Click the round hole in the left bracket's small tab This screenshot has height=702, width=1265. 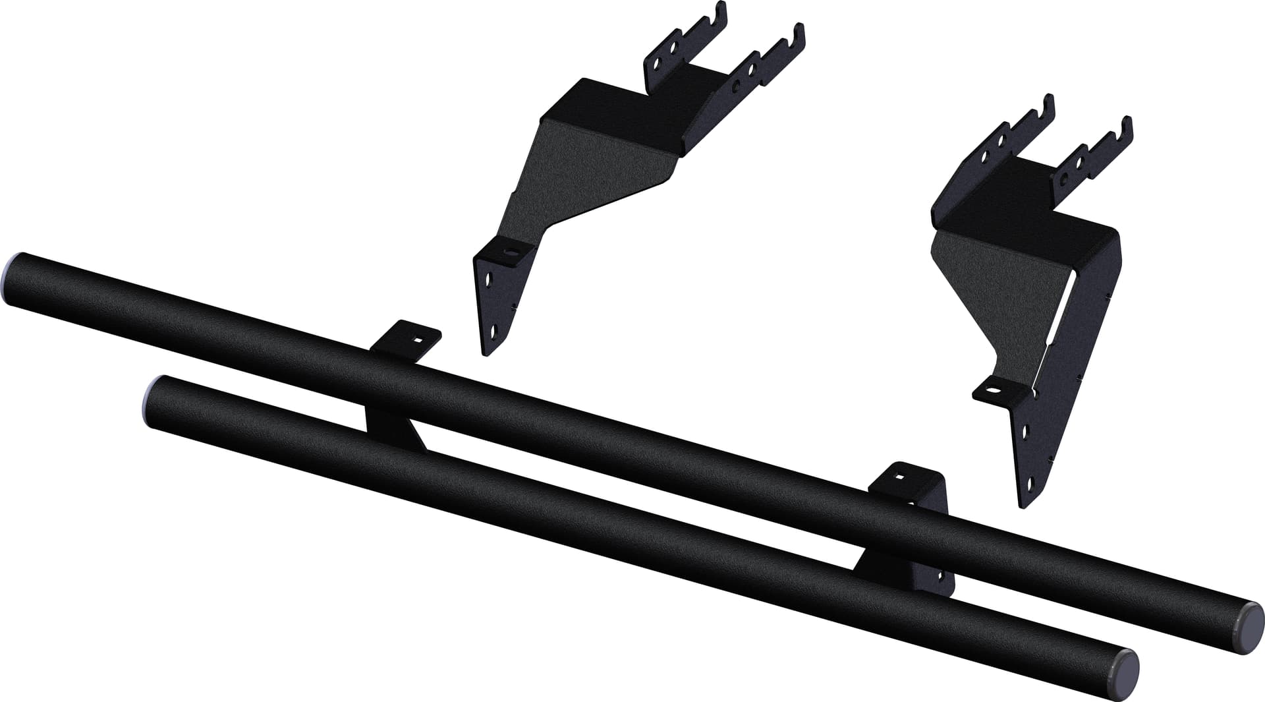coord(509,250)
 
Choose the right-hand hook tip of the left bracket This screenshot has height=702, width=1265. coord(801,30)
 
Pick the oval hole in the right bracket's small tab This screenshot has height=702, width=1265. coord(990,391)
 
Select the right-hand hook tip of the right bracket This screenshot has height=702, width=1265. coord(1128,123)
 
